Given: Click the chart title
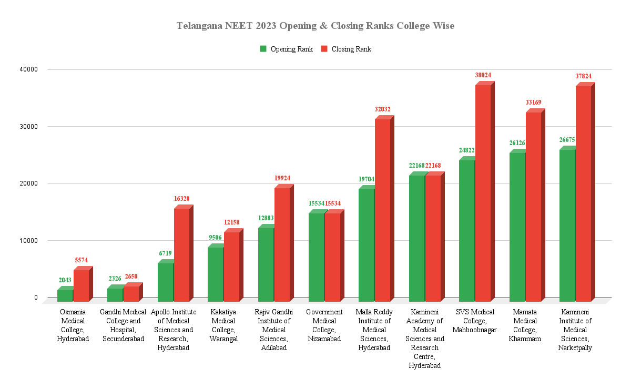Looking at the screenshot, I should (315, 26).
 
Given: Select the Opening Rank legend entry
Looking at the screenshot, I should (287, 49).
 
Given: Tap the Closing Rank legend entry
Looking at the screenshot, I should (347, 49).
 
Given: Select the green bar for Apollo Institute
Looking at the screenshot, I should (166, 281).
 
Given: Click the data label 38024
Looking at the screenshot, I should (483, 76).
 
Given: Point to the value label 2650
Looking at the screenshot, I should (131, 277).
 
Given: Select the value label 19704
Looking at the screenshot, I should (366, 179).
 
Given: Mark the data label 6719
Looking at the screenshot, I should (166, 253).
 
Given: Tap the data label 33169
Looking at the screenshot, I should (533, 103).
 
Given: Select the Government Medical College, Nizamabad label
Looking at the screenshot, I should (324, 325).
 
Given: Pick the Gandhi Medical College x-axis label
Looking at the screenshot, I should (123, 325).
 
